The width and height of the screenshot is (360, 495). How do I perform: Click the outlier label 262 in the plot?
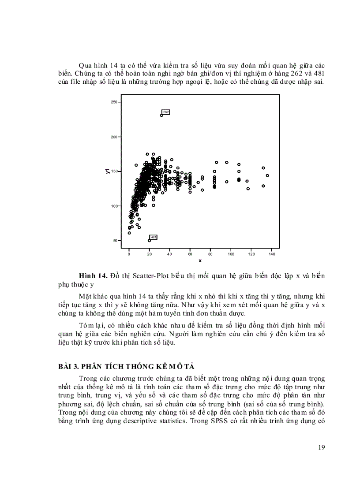166,112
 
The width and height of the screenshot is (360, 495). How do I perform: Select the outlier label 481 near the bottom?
154,238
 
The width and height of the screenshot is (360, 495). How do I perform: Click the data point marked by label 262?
161,115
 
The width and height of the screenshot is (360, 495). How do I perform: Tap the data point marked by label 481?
150,241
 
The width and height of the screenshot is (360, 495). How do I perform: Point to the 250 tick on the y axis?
114,102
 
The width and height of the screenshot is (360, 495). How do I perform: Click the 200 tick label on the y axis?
114,137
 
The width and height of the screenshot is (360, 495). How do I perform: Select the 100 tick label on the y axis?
114,206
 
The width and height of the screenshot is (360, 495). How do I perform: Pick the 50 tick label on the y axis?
115,241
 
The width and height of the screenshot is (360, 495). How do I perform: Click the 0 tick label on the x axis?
129,254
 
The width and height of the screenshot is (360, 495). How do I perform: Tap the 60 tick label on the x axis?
190,254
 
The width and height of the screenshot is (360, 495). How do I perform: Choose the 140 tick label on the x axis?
271,254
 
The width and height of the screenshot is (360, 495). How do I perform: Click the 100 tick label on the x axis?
231,254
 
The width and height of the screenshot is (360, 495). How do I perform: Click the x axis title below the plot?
200,261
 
